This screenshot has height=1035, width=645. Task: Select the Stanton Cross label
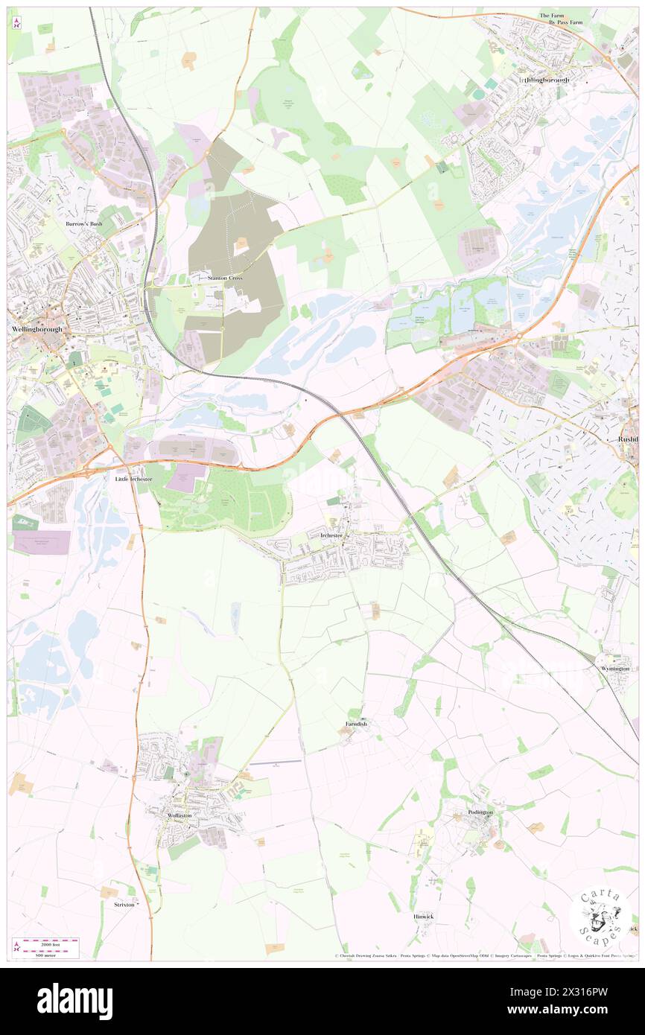pyautogui.click(x=225, y=278)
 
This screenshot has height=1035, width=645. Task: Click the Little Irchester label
pyautogui.click(x=133, y=479)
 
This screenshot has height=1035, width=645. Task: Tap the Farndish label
pyautogui.click(x=356, y=724)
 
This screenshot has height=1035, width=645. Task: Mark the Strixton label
pyautogui.click(x=124, y=905)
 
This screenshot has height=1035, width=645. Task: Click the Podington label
pyautogui.click(x=480, y=812)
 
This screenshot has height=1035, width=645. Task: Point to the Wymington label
pyautogui.click(x=614, y=669)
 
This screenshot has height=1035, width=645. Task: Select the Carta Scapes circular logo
pyautogui.click(x=600, y=915)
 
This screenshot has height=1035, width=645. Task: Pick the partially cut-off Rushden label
pyautogui.click(x=628, y=439)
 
